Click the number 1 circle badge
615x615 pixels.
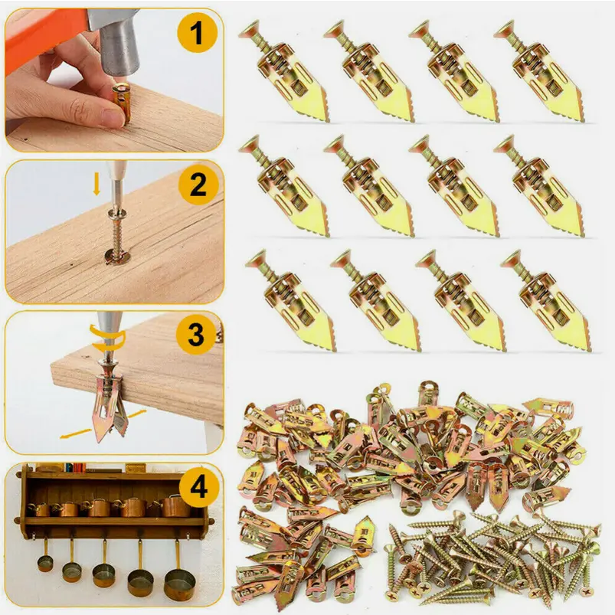[x=197, y=33]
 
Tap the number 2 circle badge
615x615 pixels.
[x=198, y=185]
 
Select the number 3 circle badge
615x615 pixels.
[x=196, y=335]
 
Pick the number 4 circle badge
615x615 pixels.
[x=199, y=488]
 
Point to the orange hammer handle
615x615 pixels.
[x=43, y=31]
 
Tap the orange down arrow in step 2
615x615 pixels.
[x=97, y=184]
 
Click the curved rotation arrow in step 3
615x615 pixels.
[x=108, y=338]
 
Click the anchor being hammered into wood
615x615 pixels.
[x=121, y=103]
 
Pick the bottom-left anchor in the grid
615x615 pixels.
[x=291, y=301]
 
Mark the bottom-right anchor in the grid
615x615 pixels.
[x=546, y=301]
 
